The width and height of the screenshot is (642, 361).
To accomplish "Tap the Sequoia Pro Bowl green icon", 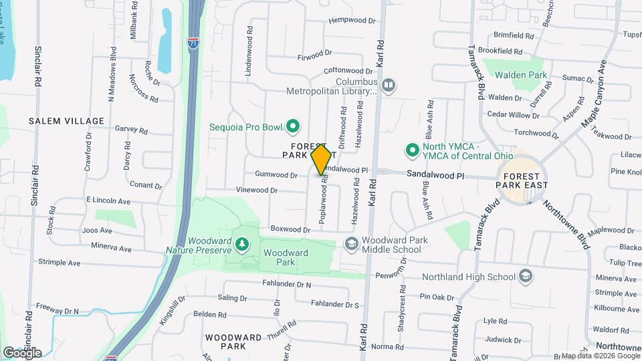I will (292, 126).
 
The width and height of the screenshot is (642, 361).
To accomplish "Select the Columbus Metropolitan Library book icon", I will (388, 85).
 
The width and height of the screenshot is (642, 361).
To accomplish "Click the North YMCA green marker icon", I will (413, 148).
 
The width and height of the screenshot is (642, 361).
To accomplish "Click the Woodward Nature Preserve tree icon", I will (241, 245).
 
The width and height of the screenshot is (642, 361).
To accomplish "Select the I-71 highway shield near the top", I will (193, 43).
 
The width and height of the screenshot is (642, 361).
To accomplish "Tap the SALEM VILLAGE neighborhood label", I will (66, 121).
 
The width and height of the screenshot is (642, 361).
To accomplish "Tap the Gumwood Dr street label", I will (276, 175).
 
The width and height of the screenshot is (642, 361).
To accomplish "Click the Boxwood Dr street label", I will (290, 229).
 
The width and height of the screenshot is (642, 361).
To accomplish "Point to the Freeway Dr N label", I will (58, 312).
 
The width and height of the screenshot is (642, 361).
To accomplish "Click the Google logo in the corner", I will (22, 352).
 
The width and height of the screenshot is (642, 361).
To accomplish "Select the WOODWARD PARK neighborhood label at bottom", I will (234, 342).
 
